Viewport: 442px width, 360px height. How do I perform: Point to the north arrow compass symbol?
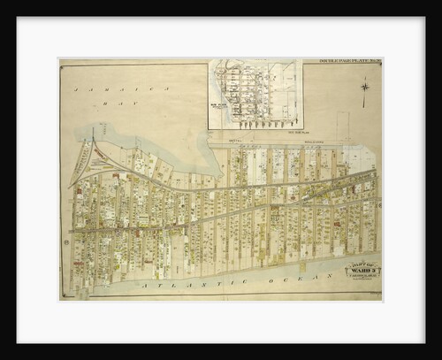pos(363,88)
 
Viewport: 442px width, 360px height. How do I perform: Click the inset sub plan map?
pos(255,94)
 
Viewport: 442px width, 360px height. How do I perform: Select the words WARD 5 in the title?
pos(362,271)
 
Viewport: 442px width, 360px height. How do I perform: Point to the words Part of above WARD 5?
pos(362,264)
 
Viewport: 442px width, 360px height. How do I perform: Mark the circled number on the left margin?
pos(65,241)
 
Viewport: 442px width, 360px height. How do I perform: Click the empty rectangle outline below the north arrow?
pos(344,124)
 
